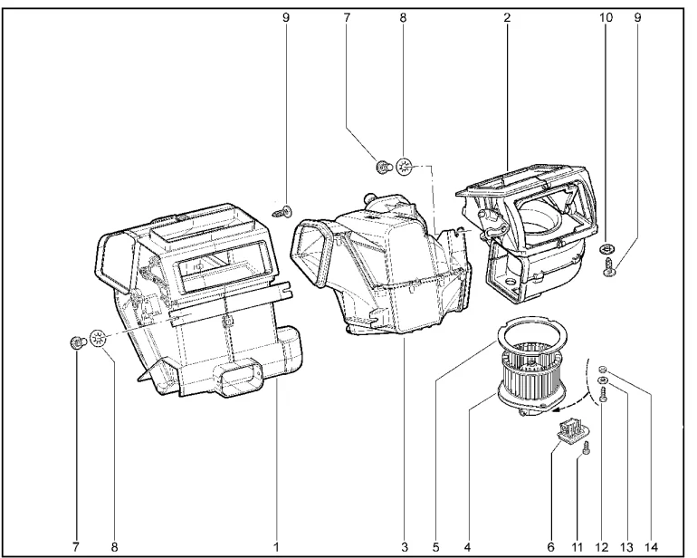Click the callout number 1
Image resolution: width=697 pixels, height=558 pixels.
coord(276,546)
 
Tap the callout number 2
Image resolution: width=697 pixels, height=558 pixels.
coord(506,17)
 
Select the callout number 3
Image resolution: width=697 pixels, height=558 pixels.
coord(405,546)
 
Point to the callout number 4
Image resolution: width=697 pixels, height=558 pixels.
coord(467,546)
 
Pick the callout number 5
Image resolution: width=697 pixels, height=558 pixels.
coord(435,546)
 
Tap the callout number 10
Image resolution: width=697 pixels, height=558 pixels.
coord(606,17)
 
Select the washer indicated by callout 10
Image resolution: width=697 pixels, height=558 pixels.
coord(606,247)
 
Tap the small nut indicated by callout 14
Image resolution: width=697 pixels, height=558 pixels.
coord(602,370)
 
